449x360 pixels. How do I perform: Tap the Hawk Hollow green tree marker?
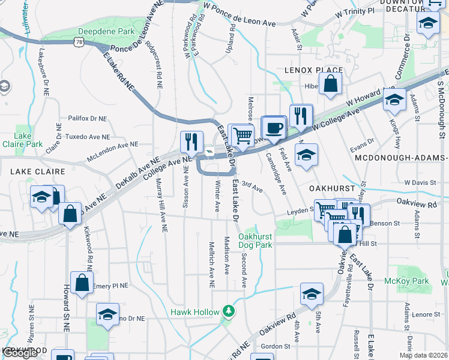(228, 311)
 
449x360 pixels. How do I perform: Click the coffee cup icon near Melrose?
(274, 128)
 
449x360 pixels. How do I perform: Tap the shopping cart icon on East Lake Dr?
(242, 135)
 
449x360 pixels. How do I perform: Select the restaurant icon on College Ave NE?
(191, 142)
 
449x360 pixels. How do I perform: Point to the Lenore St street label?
(426, 314)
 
